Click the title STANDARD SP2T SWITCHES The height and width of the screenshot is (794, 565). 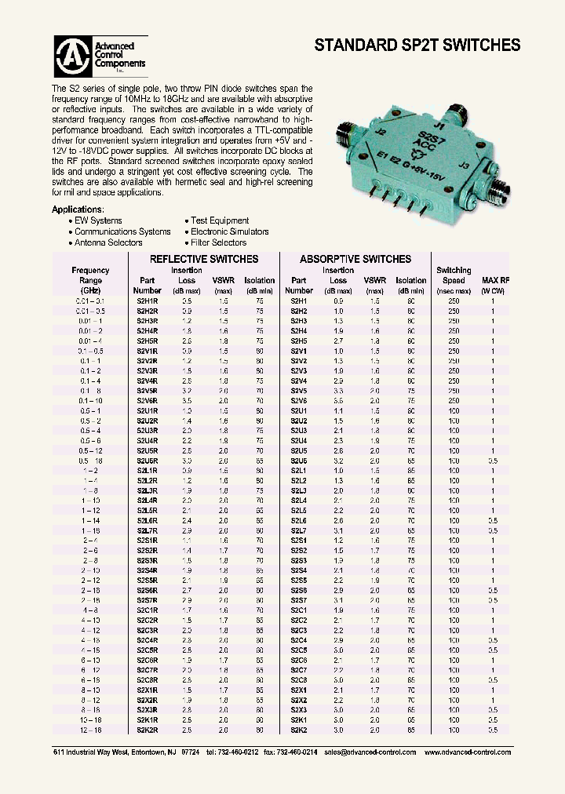click(417, 46)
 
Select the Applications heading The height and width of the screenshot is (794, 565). click(78, 210)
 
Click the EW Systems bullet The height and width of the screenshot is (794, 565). click(98, 221)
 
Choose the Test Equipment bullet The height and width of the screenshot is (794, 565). click(220, 221)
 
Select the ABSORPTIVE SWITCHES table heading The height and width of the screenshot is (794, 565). click(355, 259)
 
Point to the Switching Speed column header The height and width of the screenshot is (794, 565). click(454, 275)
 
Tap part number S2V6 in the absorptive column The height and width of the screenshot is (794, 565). click(298, 399)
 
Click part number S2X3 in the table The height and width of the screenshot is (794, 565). click(298, 709)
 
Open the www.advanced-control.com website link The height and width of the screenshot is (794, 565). click(467, 752)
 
